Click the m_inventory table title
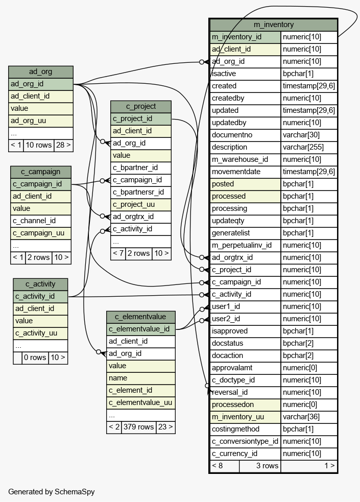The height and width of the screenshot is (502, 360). point(274,25)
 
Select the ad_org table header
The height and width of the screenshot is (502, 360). point(41,72)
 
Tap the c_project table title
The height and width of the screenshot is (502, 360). point(141,106)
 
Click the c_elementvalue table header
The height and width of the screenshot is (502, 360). point(140,317)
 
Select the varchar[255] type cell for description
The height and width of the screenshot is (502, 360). point(308,147)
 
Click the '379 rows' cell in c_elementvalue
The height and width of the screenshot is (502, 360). point(138,427)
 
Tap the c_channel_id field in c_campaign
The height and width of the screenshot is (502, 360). point(34,221)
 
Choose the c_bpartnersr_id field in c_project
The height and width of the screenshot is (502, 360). point(138,192)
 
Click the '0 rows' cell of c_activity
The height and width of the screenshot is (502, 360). point(35,357)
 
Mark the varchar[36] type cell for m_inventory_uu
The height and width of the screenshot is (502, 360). point(308,417)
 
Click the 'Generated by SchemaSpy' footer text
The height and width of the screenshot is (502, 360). point(52,492)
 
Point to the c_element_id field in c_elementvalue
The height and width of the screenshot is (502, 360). point(131,390)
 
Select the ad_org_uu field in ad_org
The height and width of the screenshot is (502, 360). point(28,121)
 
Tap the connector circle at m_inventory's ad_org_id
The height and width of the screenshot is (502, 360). point(202,62)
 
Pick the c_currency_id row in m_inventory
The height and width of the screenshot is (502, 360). point(234,453)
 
